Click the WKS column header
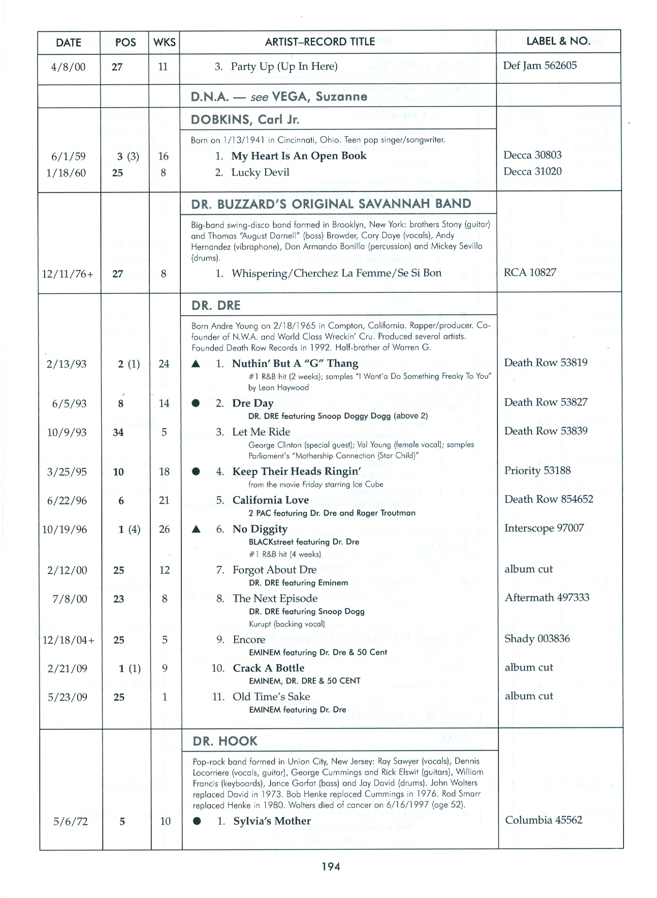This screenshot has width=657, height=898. pos(164,42)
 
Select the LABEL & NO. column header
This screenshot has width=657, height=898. pos(558,41)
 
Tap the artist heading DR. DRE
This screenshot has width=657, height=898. pos(216,305)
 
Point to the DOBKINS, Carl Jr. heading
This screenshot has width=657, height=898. pos(245,120)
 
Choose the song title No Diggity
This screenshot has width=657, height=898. pos(260,529)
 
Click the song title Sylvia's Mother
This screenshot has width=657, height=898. pos(272,821)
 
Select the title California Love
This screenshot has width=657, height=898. pos(271,500)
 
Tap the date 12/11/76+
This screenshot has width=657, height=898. pos(68,274)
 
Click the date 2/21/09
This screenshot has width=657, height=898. pos(67,669)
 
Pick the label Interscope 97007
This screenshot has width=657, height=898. pos(544,528)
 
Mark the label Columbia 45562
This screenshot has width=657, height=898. pos(544,820)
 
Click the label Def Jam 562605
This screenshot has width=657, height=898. pos(540,65)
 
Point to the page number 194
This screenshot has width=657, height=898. pos(331,866)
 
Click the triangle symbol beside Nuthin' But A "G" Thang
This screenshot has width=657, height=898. pos(196,364)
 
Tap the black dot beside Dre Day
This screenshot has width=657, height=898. pos(196,403)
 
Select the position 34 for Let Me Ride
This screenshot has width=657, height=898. pos(118,433)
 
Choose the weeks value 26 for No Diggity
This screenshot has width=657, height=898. pos(164,529)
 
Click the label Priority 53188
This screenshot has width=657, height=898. pos(537,470)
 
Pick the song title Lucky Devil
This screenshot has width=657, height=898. pos(260,173)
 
